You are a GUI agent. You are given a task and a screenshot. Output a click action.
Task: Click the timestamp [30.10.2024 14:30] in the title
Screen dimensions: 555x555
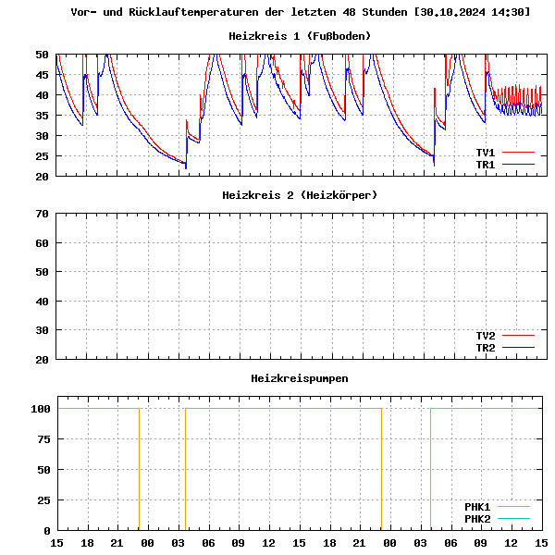coord(473,12)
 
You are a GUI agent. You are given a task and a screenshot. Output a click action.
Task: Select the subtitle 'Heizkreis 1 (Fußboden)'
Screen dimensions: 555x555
coord(300,36)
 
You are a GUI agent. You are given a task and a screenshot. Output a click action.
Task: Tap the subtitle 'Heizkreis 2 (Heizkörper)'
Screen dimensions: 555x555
coord(300,195)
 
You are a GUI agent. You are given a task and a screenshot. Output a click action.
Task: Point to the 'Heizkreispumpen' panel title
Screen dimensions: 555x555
coord(300,378)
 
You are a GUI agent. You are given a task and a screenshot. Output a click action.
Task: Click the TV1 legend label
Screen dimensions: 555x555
coord(486,153)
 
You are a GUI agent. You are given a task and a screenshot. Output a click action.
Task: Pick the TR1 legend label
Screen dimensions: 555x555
coord(486,165)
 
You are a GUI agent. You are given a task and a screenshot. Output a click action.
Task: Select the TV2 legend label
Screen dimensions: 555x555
coord(486,336)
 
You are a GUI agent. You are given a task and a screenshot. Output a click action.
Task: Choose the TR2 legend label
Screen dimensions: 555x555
coord(486,348)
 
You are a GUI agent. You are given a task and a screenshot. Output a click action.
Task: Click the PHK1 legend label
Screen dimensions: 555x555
coord(477,507)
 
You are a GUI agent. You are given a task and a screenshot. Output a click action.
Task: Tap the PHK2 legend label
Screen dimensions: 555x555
coord(477,519)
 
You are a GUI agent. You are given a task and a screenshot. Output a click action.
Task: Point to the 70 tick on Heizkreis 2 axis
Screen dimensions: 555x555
coord(42,214)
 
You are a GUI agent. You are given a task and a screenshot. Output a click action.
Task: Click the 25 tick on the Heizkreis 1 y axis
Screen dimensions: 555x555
coord(42,155)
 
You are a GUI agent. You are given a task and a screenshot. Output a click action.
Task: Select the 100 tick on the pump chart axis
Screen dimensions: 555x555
coord(39,409)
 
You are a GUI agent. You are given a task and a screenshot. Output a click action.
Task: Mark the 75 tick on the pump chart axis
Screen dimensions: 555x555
coord(42,439)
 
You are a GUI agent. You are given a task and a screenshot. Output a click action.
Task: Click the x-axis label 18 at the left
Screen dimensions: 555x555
coord(87,542)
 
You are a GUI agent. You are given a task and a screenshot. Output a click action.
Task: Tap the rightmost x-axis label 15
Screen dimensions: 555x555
coord(541,542)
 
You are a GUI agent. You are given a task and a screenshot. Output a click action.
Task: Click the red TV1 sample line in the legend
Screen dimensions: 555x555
coord(519,153)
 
